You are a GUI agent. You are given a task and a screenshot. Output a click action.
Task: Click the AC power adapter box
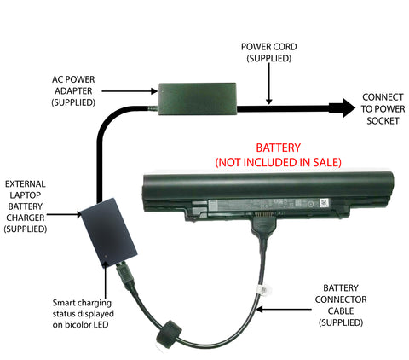tap(198, 99)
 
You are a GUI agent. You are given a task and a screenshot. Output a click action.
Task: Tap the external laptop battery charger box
tap(108, 233)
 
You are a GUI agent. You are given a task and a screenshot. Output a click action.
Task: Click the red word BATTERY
tap(278, 148)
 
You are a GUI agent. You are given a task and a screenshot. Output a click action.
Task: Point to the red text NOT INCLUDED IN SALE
tap(278, 162)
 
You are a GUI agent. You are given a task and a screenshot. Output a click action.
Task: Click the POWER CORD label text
tap(269, 47)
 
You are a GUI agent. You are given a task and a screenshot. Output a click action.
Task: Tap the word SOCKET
tap(383, 120)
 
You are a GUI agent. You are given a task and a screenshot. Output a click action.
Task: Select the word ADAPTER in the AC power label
tap(73, 91)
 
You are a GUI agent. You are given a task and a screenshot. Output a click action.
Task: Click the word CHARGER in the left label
tap(26, 218)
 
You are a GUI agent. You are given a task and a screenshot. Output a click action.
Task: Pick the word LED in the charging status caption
tap(101, 324)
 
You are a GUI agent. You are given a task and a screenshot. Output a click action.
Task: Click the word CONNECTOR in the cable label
tap(341, 299)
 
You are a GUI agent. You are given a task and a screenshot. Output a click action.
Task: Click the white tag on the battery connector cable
tap(264, 290)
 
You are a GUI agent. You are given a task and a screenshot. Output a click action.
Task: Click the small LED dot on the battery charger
tap(106, 256)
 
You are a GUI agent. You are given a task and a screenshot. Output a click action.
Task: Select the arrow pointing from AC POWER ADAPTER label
tap(130, 91)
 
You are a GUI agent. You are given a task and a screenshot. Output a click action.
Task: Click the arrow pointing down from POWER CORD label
tap(269, 84)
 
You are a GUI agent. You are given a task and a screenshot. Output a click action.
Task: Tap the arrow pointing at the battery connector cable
tap(283, 310)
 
